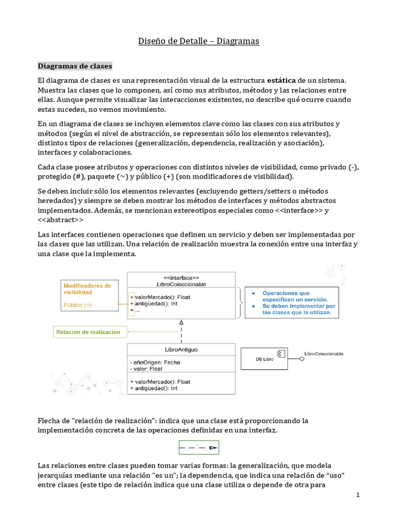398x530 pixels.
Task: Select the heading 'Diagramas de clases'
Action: pos(75,66)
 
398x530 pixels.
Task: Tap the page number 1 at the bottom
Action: pos(358,495)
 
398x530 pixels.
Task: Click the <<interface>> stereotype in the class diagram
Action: pos(181,277)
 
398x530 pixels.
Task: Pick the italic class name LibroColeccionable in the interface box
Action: pos(181,284)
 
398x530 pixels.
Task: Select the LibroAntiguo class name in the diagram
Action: pos(180,349)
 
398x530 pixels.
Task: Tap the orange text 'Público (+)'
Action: pos(77,305)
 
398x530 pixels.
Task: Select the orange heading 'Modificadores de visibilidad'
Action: pos(87,289)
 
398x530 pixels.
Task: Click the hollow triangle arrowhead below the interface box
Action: pos(181,322)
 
